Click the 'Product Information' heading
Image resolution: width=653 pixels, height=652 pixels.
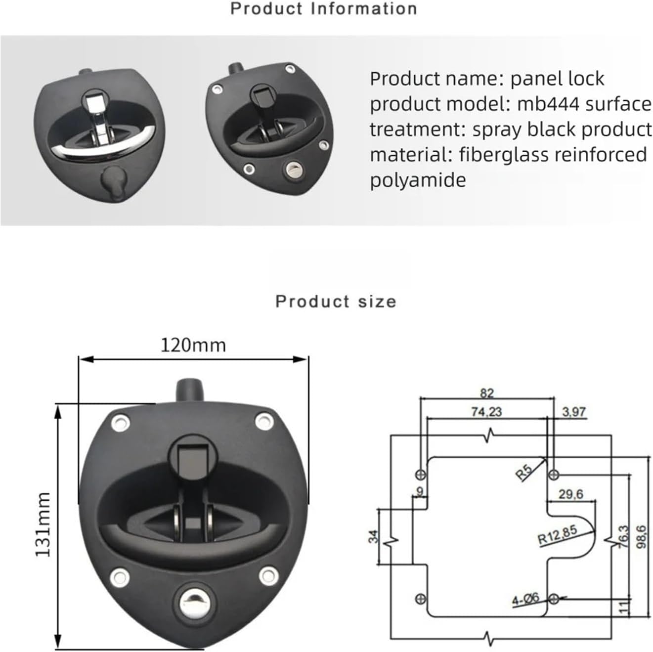point(323,8)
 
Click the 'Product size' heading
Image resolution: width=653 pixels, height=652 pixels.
point(336,301)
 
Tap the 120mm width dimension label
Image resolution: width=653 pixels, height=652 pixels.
point(193,345)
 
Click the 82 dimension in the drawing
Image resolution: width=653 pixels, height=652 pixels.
point(486,393)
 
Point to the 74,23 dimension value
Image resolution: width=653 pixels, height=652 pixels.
point(486,411)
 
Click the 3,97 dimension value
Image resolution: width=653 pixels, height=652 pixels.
point(573,411)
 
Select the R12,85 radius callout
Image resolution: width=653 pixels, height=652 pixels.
point(557,535)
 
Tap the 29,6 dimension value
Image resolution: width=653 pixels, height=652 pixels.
point(570,494)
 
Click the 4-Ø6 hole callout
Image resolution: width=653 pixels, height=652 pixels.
point(525,600)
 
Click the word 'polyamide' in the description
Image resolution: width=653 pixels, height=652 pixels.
point(418,180)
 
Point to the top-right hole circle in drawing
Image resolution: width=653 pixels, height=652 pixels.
point(554,475)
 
